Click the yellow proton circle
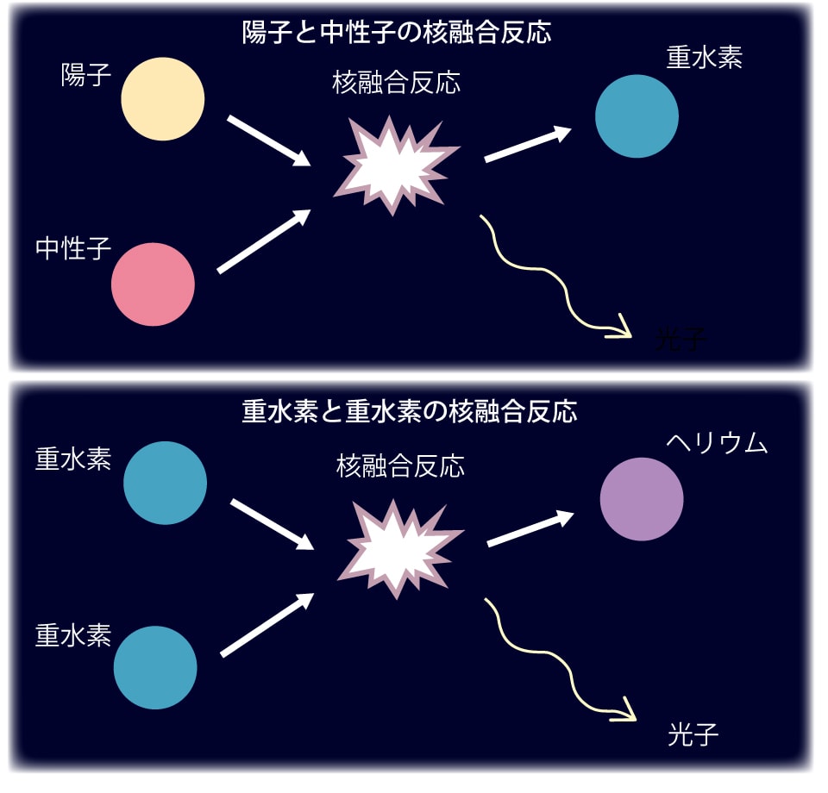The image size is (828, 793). pyautogui.click(x=162, y=98)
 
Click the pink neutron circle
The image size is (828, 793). pyautogui.click(x=153, y=284)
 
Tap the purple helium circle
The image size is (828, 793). pyautogui.click(x=641, y=499)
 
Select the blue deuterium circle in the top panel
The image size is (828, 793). pyautogui.click(x=637, y=116)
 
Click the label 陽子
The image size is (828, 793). pyautogui.click(x=86, y=76)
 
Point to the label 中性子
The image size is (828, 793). pyautogui.click(x=74, y=249)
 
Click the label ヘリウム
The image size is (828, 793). pyautogui.click(x=717, y=443)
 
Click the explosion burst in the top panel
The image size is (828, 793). pyautogui.click(x=394, y=163)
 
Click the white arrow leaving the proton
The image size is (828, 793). pyautogui.click(x=268, y=140)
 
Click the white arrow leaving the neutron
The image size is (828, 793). pyautogui.click(x=263, y=241)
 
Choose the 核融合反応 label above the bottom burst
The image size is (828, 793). pyautogui.click(x=400, y=466)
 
